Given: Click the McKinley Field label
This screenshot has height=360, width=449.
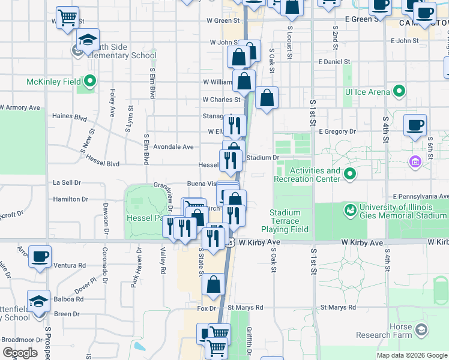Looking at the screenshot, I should pyautogui.click(x=53, y=81).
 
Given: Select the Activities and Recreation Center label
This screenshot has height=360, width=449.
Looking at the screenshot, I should pyautogui.click(x=307, y=175).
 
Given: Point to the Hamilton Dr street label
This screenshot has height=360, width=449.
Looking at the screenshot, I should pyautogui.click(x=71, y=199).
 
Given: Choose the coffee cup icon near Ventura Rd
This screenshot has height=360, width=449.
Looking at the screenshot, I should pyautogui.click(x=40, y=256).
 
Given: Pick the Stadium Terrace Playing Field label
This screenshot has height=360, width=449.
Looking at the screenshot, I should pyautogui.click(x=289, y=221).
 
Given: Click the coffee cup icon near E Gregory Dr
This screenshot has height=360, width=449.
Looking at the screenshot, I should pyautogui.click(x=415, y=126).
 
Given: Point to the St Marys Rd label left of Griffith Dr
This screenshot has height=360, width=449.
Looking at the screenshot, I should pyautogui.click(x=245, y=308).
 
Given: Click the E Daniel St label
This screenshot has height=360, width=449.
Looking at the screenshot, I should pyautogui.click(x=334, y=62).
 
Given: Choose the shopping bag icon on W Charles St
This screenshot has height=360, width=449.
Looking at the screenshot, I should pyautogui.click(x=267, y=98).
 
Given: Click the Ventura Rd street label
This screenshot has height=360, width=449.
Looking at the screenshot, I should pyautogui.click(x=69, y=265).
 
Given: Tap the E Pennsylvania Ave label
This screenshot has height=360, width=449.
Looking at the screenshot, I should pyautogui.click(x=420, y=196).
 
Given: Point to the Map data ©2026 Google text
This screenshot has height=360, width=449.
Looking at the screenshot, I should pyautogui.click(x=411, y=355).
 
